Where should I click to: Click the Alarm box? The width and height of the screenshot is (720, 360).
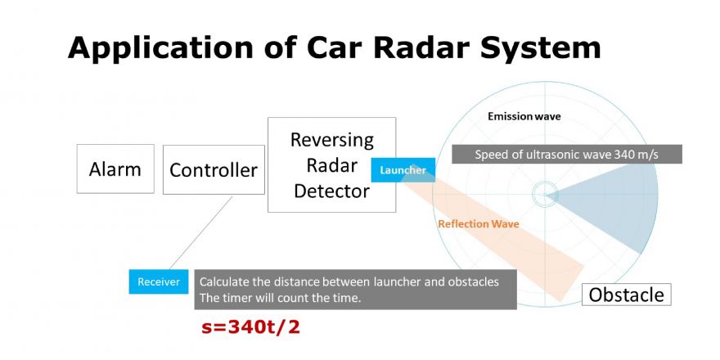click(x=115, y=169)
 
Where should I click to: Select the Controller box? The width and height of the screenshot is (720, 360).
click(x=214, y=169)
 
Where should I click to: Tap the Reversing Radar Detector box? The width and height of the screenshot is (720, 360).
click(x=331, y=164)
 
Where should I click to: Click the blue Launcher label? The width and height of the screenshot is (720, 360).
click(x=403, y=170)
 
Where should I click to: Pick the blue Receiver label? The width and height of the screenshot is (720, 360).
click(x=159, y=281)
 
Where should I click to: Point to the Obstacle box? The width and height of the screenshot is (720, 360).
click(x=627, y=295)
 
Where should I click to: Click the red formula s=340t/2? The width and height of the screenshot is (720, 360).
click(x=250, y=327)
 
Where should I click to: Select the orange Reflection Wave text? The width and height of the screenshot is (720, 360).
click(x=479, y=224)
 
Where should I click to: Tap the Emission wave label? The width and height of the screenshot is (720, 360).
click(x=524, y=117)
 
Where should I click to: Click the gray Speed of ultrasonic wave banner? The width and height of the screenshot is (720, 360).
click(x=567, y=155)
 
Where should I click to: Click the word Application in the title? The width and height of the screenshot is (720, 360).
click(x=160, y=48)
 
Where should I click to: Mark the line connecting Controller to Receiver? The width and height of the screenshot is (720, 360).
click(x=201, y=233)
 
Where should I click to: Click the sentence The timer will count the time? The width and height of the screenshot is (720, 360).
click(x=281, y=298)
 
